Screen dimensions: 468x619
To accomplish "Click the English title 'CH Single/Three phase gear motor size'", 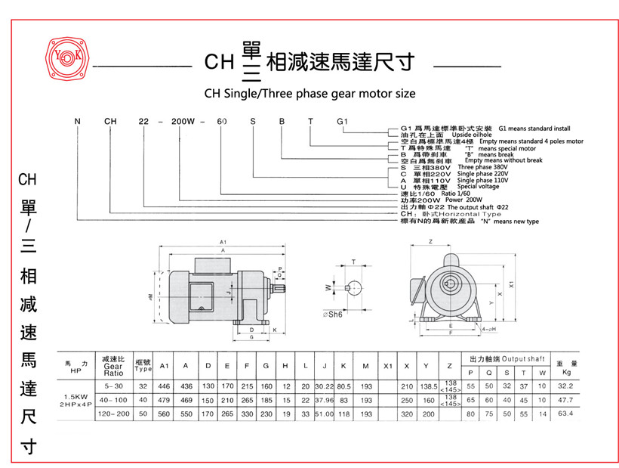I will pyautogui.click(x=309, y=94).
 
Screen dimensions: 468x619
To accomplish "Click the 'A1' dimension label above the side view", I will pyautogui.click(x=223, y=242).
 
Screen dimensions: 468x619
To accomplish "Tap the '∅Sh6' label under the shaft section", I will pyautogui.click(x=332, y=315).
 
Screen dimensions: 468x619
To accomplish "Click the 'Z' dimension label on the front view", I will pyautogui.click(x=430, y=241).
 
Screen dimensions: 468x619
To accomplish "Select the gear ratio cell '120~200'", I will pyautogui.click(x=113, y=414).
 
